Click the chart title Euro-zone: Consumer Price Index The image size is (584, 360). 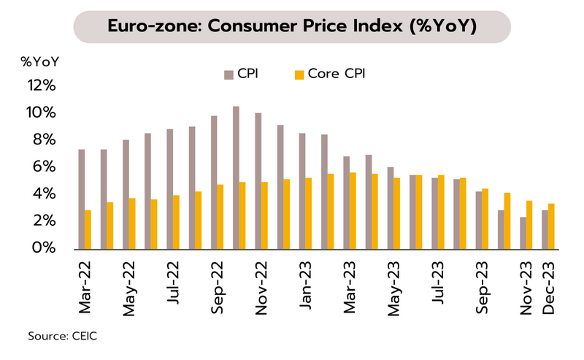(x=292, y=27)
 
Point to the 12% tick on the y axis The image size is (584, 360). (x=42, y=85)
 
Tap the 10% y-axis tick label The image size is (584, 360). (x=42, y=113)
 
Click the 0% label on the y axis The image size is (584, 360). (x=45, y=248)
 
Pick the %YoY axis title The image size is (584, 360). (x=40, y=61)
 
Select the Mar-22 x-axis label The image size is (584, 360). (x=86, y=288)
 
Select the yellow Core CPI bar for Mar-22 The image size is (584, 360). (x=88, y=229)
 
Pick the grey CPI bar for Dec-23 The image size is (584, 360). (x=545, y=229)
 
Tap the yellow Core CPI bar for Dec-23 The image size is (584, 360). (x=552, y=226)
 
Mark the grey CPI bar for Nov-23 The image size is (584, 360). (x=523, y=233)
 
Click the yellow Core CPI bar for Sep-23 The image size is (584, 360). (x=485, y=218)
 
